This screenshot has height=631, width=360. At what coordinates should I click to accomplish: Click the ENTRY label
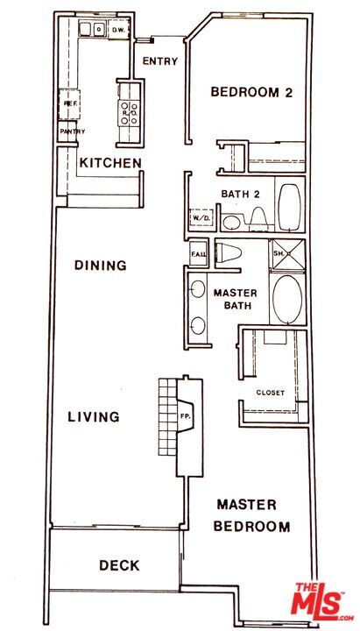(x=160, y=61)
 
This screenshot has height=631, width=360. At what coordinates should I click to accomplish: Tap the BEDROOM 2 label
(x=251, y=92)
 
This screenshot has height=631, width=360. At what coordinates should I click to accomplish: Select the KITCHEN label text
(x=110, y=163)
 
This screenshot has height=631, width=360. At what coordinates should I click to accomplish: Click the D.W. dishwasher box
(x=118, y=30)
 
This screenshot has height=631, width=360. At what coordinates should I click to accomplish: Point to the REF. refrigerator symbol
(x=70, y=103)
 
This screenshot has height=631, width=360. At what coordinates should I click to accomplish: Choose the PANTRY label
(x=72, y=131)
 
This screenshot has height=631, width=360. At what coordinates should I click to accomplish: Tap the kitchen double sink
(x=90, y=30)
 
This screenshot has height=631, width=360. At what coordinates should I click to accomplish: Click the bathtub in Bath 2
(x=288, y=206)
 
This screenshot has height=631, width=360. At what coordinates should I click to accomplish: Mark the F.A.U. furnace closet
(x=198, y=255)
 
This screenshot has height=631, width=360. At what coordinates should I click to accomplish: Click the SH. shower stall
(x=284, y=253)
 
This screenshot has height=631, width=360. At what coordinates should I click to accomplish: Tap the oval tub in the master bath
(x=286, y=299)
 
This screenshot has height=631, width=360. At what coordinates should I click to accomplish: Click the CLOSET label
(x=270, y=393)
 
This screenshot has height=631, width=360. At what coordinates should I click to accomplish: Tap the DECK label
(x=119, y=565)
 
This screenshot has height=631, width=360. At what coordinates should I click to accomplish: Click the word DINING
(x=100, y=266)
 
